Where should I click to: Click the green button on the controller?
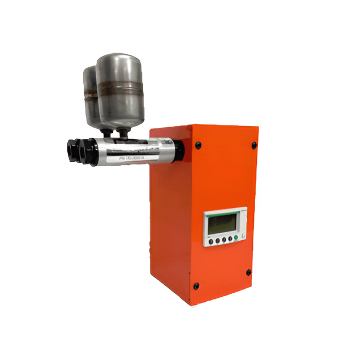click(235, 237)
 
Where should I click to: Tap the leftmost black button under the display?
click(211, 241)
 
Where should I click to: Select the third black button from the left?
click(224, 240)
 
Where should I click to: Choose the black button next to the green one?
click(230, 238)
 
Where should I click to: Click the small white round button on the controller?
click(243, 236)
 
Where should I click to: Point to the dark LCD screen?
click(222, 224)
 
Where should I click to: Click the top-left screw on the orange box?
click(198, 145)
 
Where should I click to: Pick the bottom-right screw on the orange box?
click(248, 272)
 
